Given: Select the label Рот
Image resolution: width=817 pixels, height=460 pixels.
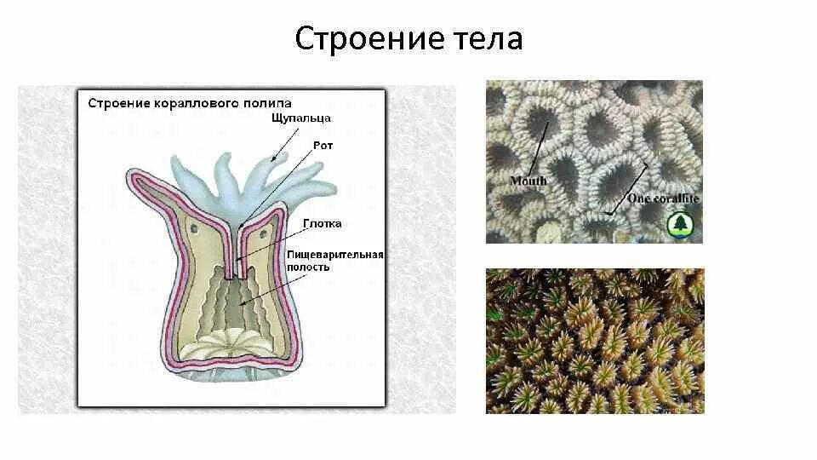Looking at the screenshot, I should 323,146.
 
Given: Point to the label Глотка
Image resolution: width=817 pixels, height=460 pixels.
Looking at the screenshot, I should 323,224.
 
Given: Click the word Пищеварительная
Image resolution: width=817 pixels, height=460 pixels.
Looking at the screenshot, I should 335,254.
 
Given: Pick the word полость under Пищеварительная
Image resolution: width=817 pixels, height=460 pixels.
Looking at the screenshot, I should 307,267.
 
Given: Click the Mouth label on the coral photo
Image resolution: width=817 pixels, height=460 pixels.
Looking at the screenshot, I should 528,181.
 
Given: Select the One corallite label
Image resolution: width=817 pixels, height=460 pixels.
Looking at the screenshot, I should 663,198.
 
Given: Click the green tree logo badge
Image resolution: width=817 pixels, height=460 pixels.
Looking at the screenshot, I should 681,224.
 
